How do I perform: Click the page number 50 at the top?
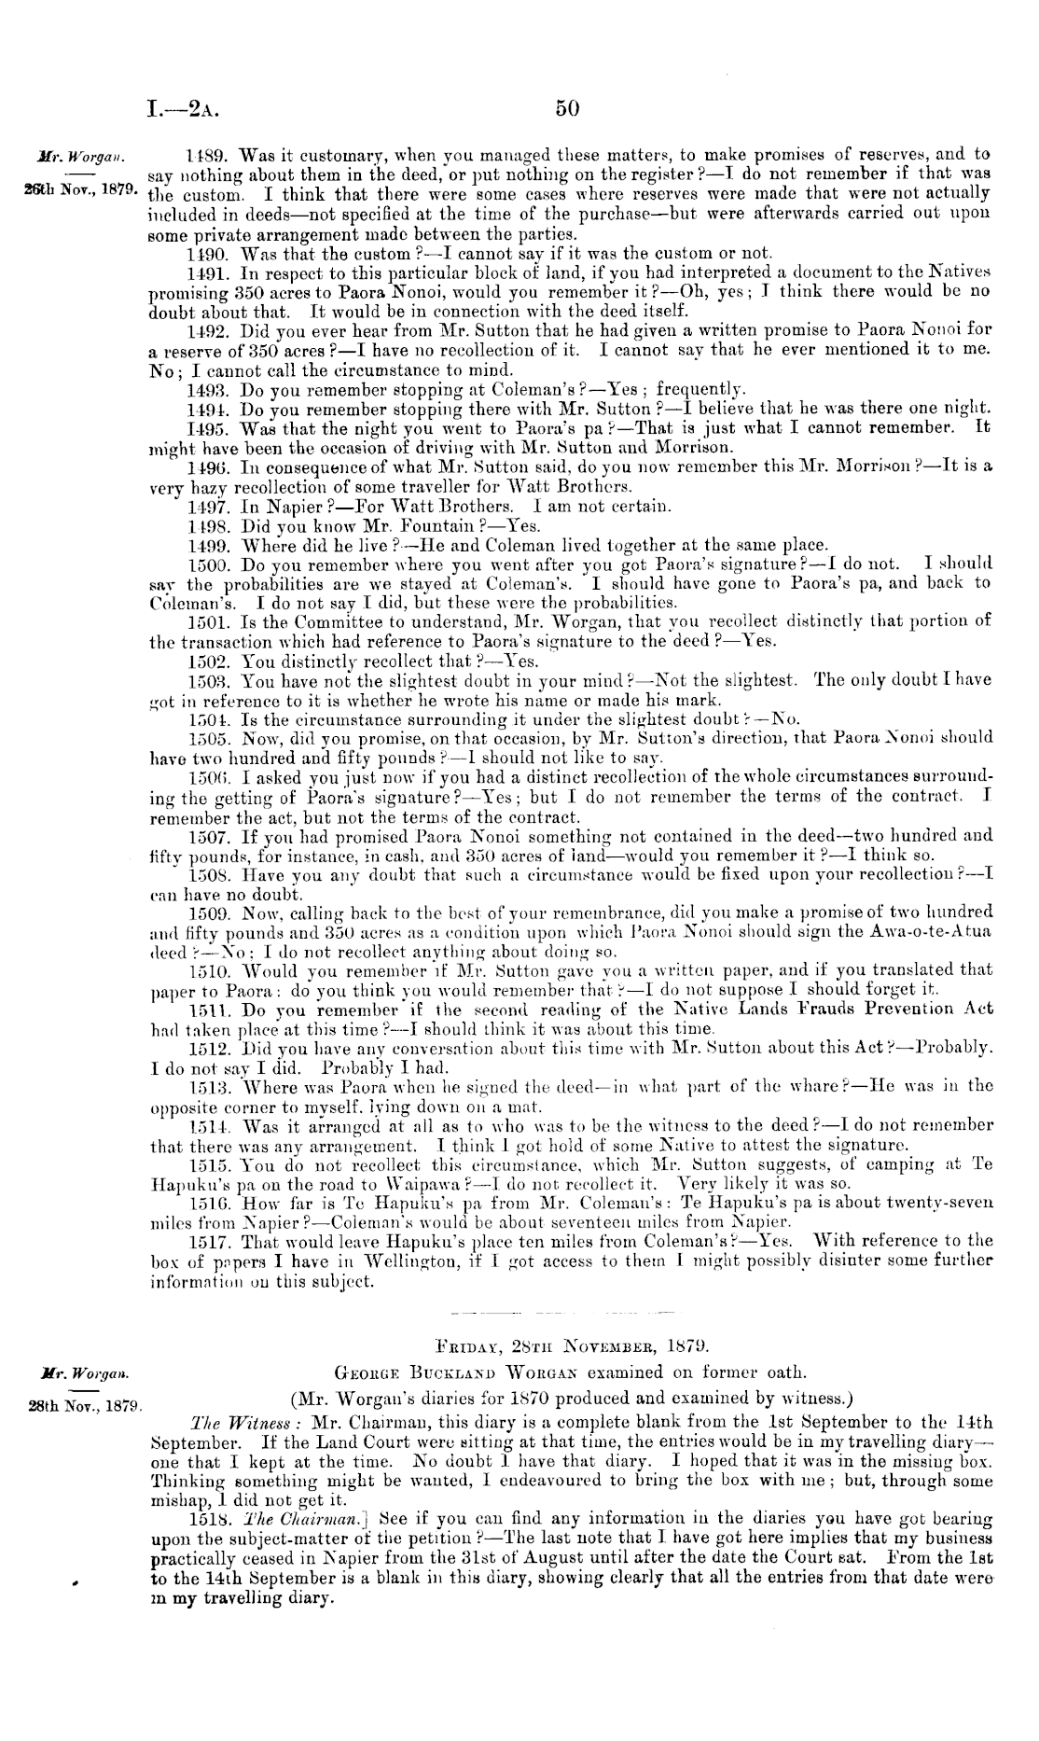[x=568, y=108]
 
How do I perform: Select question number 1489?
[x=205, y=154]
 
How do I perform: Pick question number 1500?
[x=207, y=564]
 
